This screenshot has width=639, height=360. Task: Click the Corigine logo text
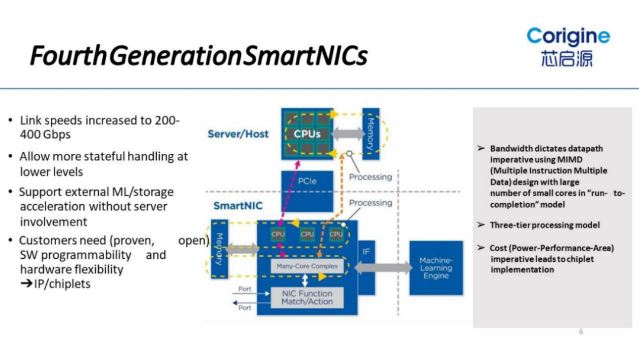tap(568, 37)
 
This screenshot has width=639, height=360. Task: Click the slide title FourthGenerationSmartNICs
tap(199, 56)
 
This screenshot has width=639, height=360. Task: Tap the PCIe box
tap(308, 181)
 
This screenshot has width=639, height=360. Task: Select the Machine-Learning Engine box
tap(435, 268)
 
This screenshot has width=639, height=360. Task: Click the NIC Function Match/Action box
tap(307, 298)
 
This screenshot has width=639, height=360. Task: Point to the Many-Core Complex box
tap(307, 266)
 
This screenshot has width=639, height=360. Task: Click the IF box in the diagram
tap(366, 252)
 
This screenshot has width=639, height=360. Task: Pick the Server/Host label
tap(238, 134)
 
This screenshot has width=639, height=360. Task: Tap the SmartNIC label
tap(237, 207)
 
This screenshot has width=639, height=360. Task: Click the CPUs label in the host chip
tap(307, 134)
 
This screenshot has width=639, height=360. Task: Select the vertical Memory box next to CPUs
tap(370, 133)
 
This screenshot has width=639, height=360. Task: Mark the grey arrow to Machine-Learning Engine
tap(383, 268)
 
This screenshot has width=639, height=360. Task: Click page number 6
tap(581, 332)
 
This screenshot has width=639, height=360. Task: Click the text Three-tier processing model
tap(544, 225)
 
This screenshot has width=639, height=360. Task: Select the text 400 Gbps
tap(45, 134)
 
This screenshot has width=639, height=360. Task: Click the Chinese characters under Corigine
tap(566, 59)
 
